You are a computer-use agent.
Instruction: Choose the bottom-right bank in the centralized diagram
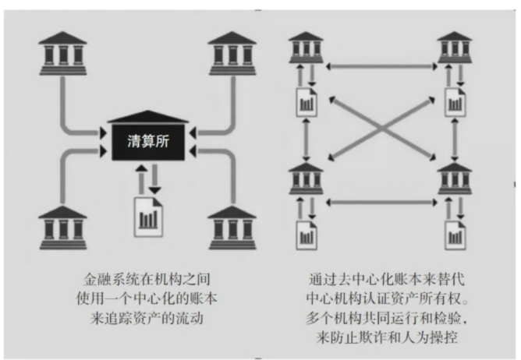click(232, 226)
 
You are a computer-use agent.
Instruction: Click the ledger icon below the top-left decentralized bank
click(305, 101)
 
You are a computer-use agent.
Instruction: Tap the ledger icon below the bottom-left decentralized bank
click(305, 231)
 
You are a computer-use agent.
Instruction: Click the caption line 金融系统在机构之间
click(147, 278)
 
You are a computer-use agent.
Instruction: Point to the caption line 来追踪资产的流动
click(147, 317)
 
